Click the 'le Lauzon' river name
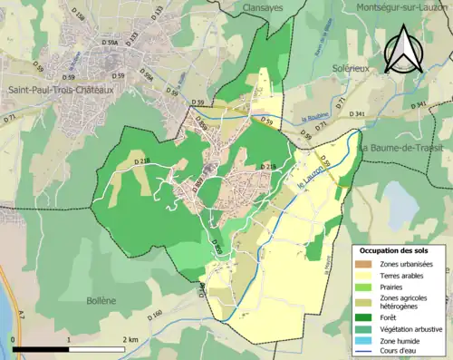click(x=312, y=177)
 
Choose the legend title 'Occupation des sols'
click(x=394, y=249)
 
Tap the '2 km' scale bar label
click(x=130, y=340)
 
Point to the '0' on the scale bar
click(x=14, y=340)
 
